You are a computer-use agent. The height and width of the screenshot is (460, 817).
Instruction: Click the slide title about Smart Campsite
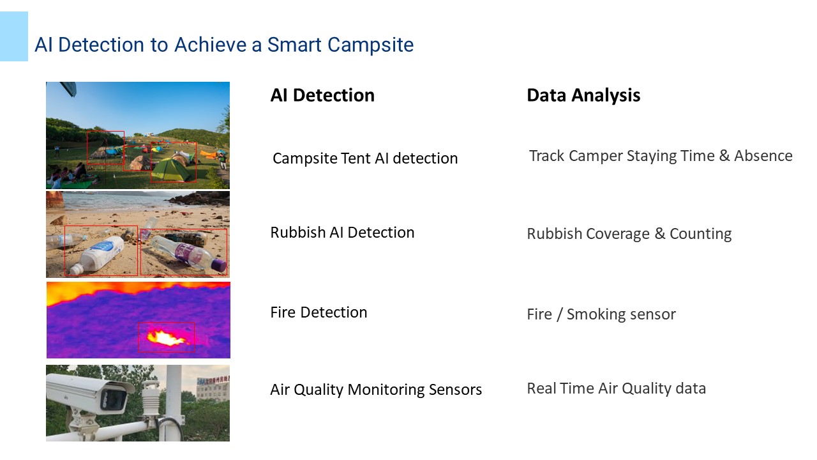coord(224,45)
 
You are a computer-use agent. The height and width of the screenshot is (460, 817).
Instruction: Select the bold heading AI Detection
coord(322,95)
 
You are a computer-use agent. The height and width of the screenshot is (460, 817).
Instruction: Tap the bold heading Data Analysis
coord(583,95)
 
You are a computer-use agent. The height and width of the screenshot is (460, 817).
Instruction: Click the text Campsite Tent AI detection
coord(365,158)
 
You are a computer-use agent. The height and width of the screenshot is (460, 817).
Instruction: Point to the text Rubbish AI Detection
coord(342,233)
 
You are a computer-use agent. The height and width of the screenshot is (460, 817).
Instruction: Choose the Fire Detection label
coord(319,312)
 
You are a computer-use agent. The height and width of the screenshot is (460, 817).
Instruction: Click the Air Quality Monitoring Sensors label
coord(376,390)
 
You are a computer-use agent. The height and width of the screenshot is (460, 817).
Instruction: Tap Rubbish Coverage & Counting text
coord(629,234)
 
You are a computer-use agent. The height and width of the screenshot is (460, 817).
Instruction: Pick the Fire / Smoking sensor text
coord(601,314)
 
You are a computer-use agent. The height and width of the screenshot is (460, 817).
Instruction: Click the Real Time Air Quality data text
coord(617,388)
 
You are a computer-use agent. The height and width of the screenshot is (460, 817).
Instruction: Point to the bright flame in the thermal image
coord(167,337)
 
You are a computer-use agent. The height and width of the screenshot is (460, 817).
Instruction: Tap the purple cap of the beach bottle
coord(219,265)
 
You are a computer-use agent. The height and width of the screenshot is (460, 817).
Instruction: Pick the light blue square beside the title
coord(14,36)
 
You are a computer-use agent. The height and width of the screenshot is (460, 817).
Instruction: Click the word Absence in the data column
coord(763,156)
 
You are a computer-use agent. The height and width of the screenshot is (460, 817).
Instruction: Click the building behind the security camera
coord(213,389)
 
